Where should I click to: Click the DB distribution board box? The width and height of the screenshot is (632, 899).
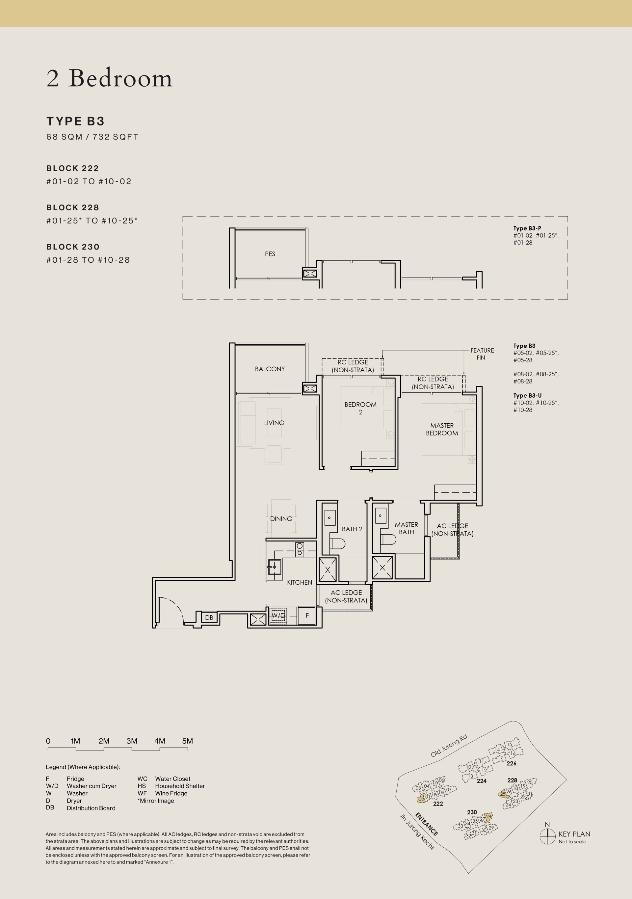coord(209,618)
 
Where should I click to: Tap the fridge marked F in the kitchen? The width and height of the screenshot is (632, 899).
coord(307,616)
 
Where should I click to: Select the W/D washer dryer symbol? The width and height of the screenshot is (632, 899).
coord(278,616)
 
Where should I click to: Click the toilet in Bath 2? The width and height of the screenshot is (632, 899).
coord(337,543)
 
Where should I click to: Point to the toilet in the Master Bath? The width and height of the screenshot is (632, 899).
coord(389,540)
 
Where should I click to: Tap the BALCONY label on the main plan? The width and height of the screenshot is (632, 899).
coord(270,369)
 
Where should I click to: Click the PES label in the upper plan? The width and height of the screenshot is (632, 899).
coord(270,254)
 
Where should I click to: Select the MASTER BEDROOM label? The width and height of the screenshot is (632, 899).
coord(442,429)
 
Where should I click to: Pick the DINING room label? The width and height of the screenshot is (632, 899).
coord(281,519)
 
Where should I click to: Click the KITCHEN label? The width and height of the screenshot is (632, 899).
coord(300,582)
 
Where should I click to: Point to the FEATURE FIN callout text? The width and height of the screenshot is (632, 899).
coord(482,354)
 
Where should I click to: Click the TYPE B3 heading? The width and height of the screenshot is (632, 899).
coord(76,121)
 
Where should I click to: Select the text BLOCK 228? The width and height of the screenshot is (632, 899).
coord(73,207)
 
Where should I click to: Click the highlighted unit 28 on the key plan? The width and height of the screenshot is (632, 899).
coord(488,817)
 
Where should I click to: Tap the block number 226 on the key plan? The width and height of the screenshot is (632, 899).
coord(512,763)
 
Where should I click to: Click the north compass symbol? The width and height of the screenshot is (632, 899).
coord(547,836)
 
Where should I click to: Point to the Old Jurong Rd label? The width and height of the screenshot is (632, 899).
coord(449,746)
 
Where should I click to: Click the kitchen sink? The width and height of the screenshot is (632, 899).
coord(275,567)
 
